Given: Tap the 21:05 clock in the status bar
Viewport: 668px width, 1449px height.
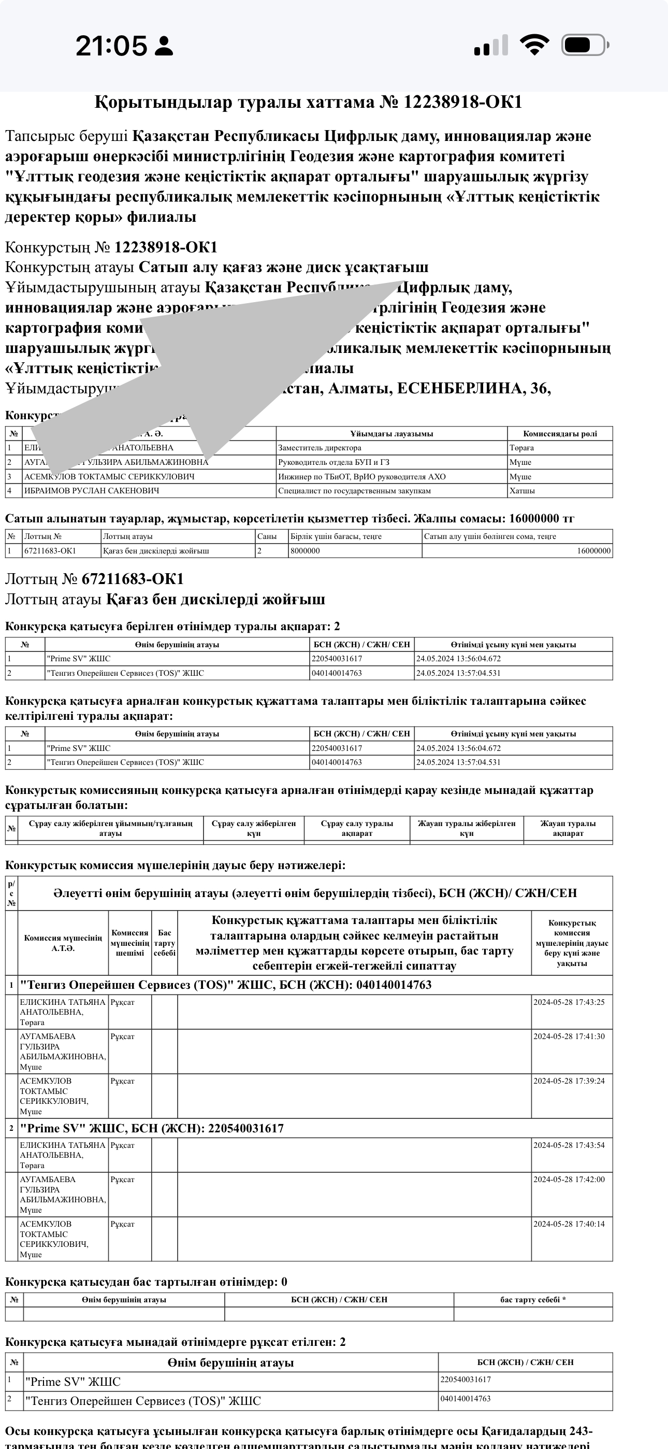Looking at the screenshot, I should coord(111,46).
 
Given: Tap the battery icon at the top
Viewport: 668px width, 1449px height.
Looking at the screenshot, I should coord(585,45).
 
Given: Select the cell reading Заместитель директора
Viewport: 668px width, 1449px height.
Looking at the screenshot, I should coord(320,448).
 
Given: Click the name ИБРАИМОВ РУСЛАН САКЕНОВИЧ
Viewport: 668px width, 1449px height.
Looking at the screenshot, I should coord(91,490).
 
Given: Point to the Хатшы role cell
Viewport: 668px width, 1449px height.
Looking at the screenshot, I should coord(522,490).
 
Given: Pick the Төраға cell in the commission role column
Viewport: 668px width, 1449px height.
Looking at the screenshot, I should coord(522,448).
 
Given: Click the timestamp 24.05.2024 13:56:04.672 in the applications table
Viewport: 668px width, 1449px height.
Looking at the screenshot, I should coord(458,658).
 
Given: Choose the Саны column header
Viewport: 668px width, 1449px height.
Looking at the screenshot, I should coord(267,536).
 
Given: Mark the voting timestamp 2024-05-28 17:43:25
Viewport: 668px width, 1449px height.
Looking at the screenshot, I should coord(569,1002).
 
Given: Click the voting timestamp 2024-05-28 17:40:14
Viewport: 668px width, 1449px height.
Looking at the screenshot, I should coord(569,1224).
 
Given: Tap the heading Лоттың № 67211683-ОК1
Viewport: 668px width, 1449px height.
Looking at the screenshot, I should coord(94,579).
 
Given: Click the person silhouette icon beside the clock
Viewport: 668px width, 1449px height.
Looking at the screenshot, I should coord(164,46).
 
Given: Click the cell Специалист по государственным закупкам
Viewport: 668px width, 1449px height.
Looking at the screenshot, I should coord(354,490).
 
